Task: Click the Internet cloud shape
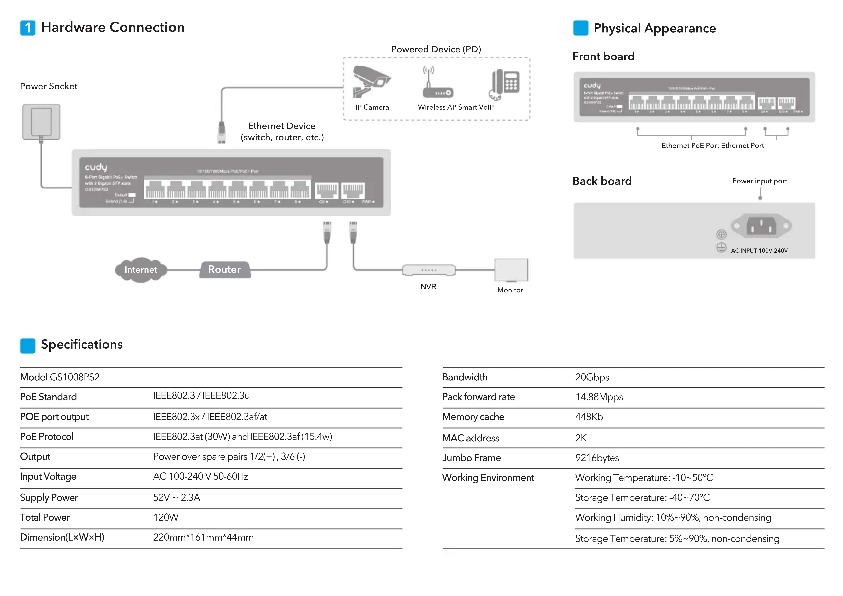tap(141, 270)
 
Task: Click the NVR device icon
tap(428, 270)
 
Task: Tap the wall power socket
tap(41, 122)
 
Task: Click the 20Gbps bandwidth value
tap(592, 377)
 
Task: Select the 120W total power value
tap(166, 517)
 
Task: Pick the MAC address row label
tap(470, 438)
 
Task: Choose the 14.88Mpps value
tap(599, 397)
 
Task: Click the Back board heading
tap(602, 181)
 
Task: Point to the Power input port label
tap(759, 181)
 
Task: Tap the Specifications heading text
tap(82, 344)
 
